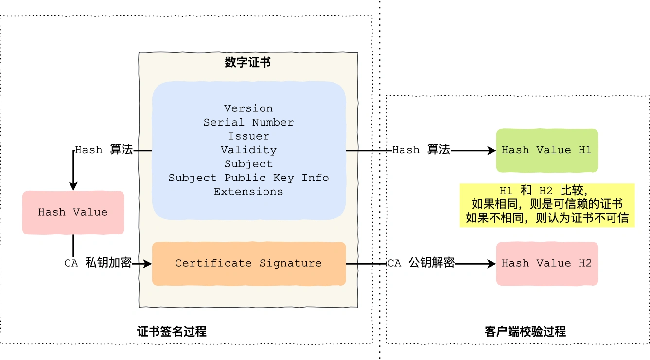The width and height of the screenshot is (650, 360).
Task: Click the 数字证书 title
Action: click(x=248, y=62)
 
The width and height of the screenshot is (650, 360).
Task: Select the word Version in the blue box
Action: click(x=248, y=108)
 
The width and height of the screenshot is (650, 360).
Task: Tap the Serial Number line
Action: click(x=248, y=122)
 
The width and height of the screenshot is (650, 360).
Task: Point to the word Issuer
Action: click(x=248, y=136)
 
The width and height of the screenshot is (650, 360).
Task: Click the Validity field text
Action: click(x=248, y=150)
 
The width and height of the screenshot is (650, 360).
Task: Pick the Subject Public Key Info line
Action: click(x=248, y=178)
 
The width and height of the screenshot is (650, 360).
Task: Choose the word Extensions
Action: click(x=248, y=192)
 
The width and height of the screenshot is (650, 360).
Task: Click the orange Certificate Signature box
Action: click(x=248, y=263)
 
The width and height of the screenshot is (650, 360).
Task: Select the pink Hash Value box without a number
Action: click(x=73, y=212)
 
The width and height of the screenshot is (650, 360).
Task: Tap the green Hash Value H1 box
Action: click(x=546, y=150)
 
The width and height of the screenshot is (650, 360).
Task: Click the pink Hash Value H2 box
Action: click(x=546, y=263)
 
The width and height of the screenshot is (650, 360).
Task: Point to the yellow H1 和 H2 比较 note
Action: click(x=547, y=205)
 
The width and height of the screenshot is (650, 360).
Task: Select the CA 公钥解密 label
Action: click(x=421, y=263)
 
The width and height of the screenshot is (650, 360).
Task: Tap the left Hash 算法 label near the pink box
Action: click(x=104, y=150)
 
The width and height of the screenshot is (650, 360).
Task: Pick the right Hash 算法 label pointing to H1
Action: click(x=421, y=150)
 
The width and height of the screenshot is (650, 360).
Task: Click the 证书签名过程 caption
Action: click(x=172, y=332)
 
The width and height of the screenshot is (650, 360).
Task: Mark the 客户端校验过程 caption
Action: click(x=525, y=332)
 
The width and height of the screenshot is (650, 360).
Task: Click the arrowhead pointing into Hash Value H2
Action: click(x=492, y=264)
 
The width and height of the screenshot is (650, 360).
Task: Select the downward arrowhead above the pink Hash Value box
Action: click(x=73, y=187)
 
